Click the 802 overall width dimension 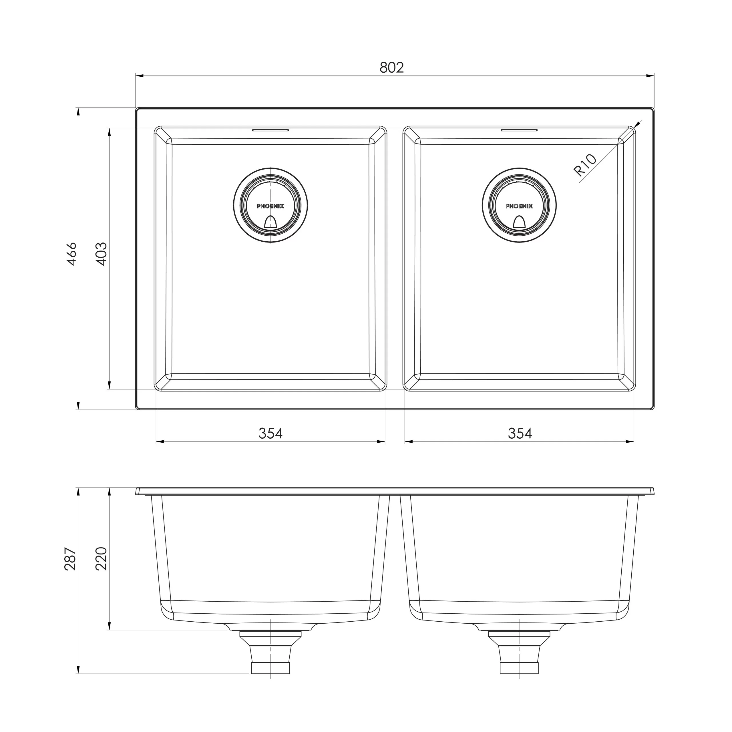[391, 67]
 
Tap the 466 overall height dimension [71, 254]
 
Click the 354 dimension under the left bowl [270, 433]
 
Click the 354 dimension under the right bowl [520, 433]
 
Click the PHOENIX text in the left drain [270, 206]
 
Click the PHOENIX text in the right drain [519, 206]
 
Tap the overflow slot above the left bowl [270, 130]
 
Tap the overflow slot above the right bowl [519, 130]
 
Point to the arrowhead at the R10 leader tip [638, 124]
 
